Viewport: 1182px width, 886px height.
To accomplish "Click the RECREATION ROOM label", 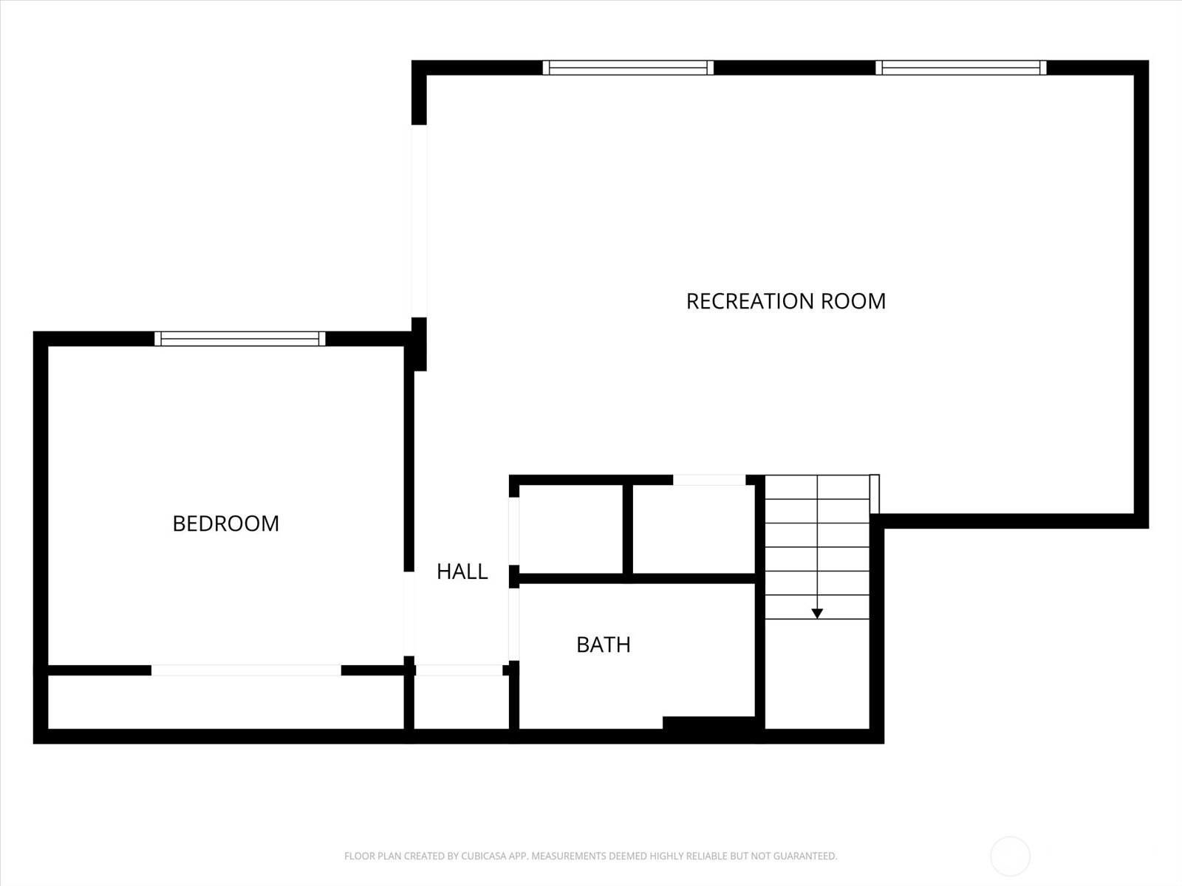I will click(x=785, y=301).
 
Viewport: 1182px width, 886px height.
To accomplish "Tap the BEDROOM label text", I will click(x=225, y=523).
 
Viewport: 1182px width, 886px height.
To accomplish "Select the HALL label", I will click(x=462, y=571).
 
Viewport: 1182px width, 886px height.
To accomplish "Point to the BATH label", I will click(x=603, y=645).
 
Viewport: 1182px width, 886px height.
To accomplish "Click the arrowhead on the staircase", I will click(x=817, y=613).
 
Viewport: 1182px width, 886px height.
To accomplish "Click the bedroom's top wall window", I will click(x=239, y=339).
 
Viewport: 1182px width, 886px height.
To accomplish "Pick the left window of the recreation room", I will click(x=628, y=68).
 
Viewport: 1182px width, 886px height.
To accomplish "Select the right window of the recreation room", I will click(x=960, y=68).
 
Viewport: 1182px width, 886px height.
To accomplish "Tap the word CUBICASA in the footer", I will click(x=485, y=856).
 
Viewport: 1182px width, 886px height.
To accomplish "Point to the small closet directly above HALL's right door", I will click(x=571, y=529).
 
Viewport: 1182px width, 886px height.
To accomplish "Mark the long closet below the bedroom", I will click(x=225, y=701).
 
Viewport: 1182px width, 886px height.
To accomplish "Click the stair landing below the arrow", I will click(x=817, y=673).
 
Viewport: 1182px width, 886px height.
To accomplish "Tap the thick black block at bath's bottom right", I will click(x=709, y=723).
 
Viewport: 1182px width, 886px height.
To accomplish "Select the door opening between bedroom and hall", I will click(x=409, y=613).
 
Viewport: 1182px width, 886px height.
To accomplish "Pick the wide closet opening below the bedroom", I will click(x=246, y=670).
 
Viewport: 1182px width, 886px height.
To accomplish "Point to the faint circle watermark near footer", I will click(x=1010, y=856).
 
